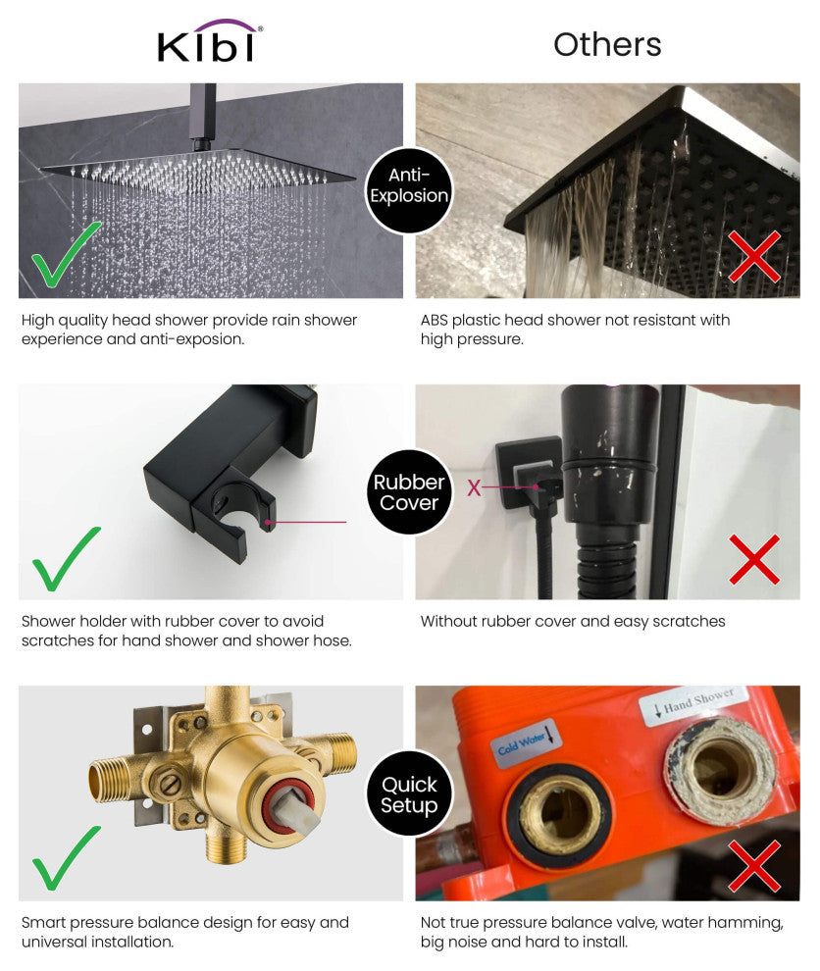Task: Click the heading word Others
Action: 607,44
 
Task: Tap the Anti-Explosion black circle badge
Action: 409,185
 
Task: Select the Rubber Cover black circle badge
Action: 409,492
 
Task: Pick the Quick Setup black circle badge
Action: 409,794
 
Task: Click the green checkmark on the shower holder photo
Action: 67,558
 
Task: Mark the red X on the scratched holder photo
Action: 753,559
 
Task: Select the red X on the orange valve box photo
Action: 753,865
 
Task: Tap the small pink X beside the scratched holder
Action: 474,487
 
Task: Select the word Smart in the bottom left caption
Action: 44,922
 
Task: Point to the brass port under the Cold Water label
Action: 557,811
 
